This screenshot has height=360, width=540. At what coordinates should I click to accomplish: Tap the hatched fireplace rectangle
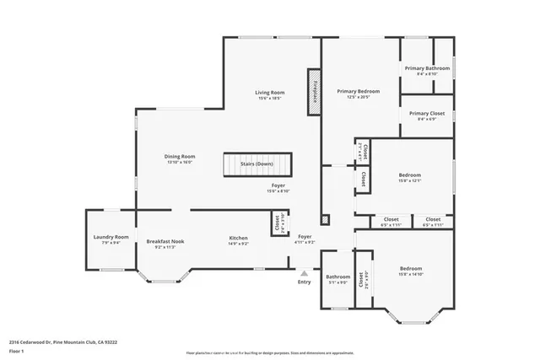coord(313,85)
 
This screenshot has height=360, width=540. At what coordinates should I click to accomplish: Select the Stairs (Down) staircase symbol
coord(257,164)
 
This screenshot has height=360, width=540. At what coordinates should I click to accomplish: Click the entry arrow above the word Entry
coord(304,272)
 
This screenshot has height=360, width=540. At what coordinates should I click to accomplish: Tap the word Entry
coord(304,282)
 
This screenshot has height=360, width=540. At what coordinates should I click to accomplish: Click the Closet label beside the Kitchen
coord(277,223)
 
